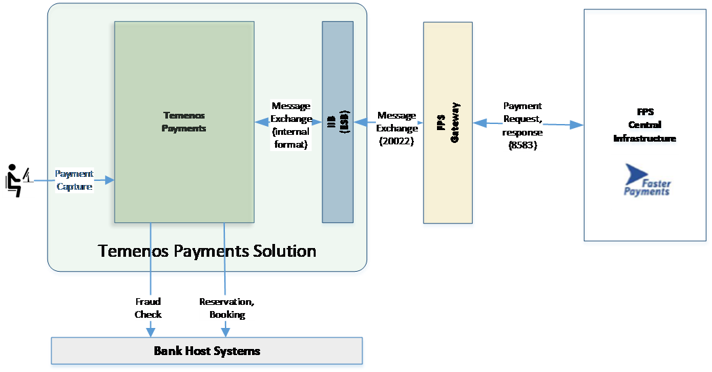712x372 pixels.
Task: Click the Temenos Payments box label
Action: click(184, 122)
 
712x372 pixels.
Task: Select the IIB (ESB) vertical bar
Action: click(337, 122)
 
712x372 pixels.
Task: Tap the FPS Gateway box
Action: click(448, 123)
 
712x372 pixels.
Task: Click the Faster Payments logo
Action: click(644, 182)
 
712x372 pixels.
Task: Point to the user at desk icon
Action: click(18, 180)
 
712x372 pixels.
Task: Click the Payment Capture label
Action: click(75, 180)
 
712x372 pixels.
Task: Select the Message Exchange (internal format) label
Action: click(291, 125)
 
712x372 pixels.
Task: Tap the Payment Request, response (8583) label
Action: click(522, 125)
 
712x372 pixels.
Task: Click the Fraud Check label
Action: click(148, 308)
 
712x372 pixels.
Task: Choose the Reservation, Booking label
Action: click(227, 308)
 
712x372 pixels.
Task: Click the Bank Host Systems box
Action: click(207, 351)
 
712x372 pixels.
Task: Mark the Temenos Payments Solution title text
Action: click(207, 251)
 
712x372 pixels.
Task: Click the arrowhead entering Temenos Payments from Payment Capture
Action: click(110, 180)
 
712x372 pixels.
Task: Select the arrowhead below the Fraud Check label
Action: click(150, 332)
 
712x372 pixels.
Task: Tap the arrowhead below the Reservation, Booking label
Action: click(225, 332)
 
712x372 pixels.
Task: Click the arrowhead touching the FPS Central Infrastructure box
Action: click(577, 125)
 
